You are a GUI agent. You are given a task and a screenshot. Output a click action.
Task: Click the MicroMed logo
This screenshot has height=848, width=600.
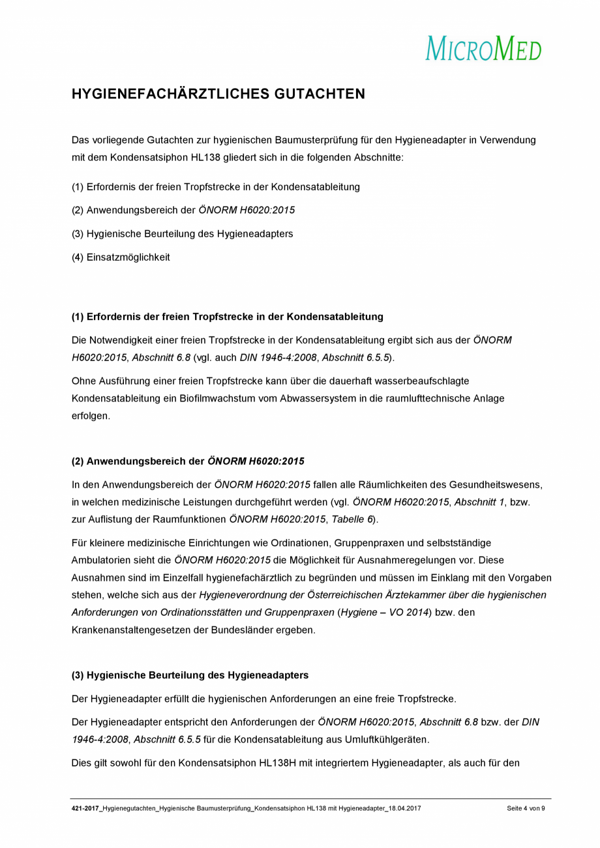click(x=483, y=49)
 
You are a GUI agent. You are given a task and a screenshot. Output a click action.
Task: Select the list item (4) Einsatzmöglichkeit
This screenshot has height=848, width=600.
click(x=121, y=257)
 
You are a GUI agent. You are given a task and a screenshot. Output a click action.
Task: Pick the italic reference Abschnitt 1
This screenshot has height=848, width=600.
click(x=479, y=503)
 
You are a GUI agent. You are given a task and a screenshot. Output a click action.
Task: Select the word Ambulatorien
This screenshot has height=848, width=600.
click(x=102, y=560)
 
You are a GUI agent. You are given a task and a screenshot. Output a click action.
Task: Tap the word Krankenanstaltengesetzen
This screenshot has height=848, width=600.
click(x=130, y=630)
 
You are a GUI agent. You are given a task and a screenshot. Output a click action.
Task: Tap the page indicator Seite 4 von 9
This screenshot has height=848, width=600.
click(x=525, y=809)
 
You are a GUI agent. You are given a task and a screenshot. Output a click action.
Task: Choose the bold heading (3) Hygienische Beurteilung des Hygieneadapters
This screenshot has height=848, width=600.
click(x=190, y=675)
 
